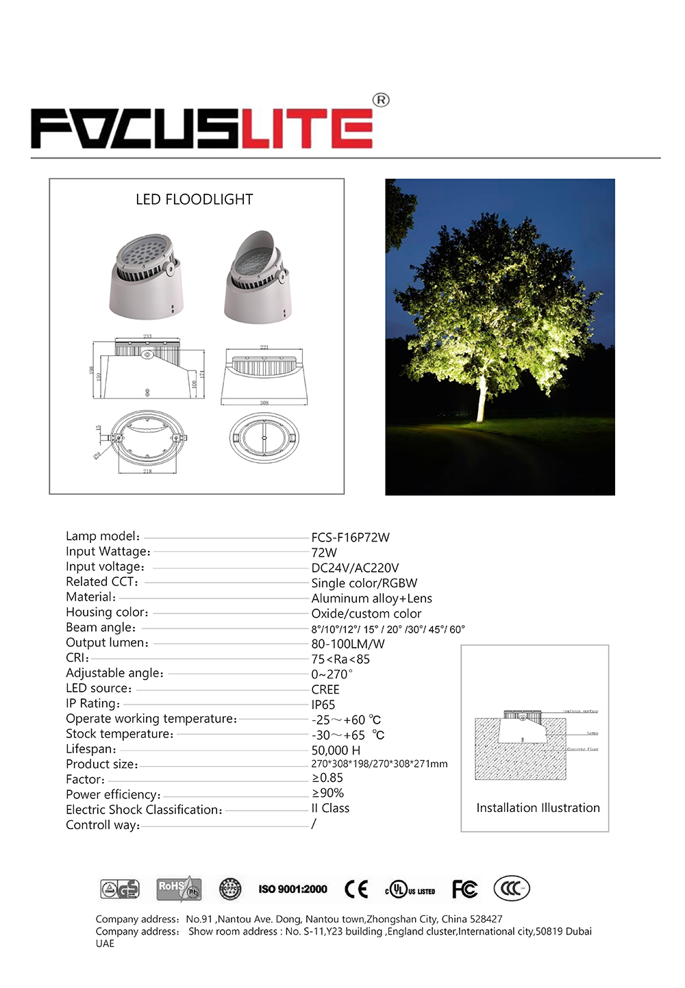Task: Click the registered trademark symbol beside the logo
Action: pos(381,100)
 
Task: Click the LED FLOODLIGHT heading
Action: pos(195,199)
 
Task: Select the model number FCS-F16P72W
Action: pos(350,537)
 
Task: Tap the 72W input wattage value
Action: pos(324,553)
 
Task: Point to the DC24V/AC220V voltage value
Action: pos(355,568)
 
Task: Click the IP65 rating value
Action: pos(323,705)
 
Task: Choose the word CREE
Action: pos(325,689)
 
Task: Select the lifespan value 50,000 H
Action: pos(336,750)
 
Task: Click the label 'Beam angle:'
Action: pos(101,628)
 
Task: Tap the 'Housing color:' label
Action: pos(107,612)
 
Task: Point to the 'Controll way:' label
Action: pos(103,825)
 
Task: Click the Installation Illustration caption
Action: pos(538,808)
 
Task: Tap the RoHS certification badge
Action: pos(179,889)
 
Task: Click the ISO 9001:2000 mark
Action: pos(292,889)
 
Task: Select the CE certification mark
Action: pos(356,889)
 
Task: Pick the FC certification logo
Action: pos(464,889)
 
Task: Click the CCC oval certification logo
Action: pos(511,889)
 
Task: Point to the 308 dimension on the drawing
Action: pos(264,403)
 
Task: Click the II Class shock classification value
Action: pos(330,809)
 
